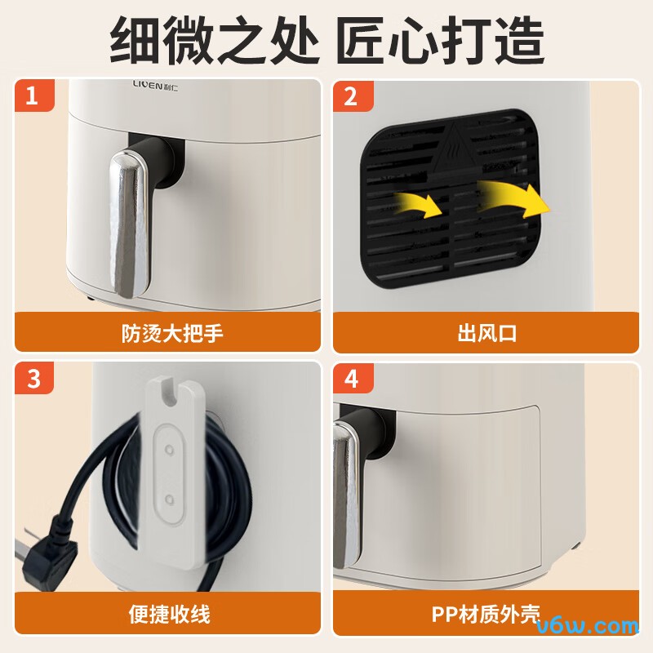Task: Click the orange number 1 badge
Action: [x=34, y=96]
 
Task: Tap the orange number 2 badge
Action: [x=353, y=96]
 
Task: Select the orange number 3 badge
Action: [x=34, y=378]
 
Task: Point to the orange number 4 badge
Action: [x=353, y=378]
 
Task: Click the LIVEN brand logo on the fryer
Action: [x=155, y=86]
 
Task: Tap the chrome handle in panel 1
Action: [x=129, y=224]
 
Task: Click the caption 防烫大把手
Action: [x=172, y=333]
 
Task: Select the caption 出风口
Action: [x=487, y=333]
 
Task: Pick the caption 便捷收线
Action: [x=170, y=614]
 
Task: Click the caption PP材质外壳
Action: [x=486, y=614]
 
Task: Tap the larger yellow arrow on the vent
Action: [x=514, y=198]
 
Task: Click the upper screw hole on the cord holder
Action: [x=169, y=450]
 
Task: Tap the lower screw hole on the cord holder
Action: [x=169, y=499]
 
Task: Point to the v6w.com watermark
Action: [x=587, y=626]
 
